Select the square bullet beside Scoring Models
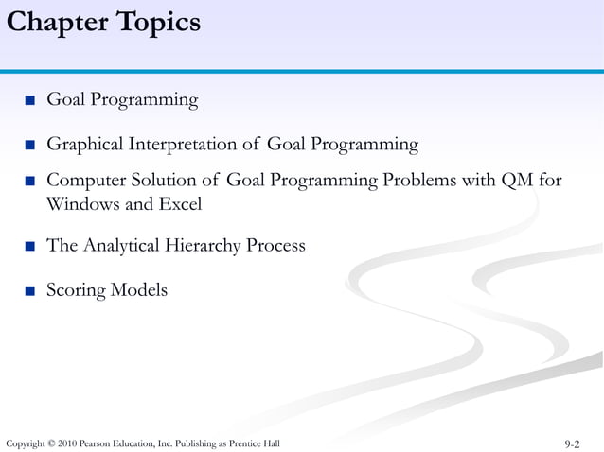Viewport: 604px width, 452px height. [x=30, y=291]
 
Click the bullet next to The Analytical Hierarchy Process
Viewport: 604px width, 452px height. [x=30, y=247]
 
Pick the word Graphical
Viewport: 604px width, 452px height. [x=85, y=145]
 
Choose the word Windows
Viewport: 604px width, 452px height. [x=79, y=203]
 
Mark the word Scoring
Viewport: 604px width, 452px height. [x=76, y=290]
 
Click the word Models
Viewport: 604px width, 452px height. [x=139, y=290]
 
